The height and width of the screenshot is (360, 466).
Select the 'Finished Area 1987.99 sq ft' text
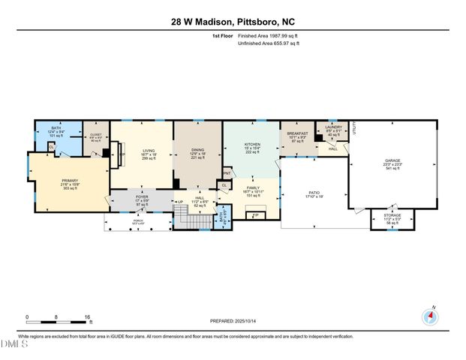tap(268, 35)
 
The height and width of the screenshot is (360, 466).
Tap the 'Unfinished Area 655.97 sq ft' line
tap(268, 43)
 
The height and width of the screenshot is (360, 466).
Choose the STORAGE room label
tap(393, 216)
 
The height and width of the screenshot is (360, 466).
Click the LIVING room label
tap(148, 153)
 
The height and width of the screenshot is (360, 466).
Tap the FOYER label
tap(142, 199)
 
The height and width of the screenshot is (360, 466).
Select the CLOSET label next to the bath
tap(95, 137)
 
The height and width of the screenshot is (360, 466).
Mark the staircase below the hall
tap(197, 220)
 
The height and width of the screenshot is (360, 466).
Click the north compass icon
tap(431, 316)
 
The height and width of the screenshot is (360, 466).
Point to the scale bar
tap(58, 322)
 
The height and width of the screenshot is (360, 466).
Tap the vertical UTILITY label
tap(353, 129)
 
